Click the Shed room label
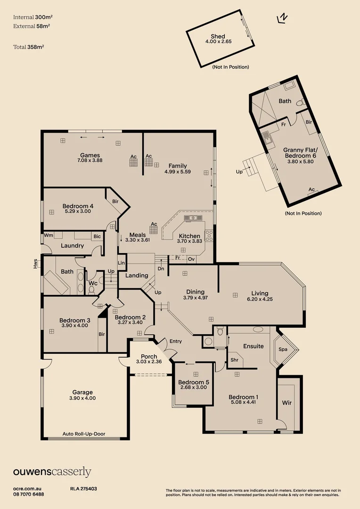(218, 36)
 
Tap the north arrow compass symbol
(283, 18)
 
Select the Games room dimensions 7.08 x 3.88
(90, 160)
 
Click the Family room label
(178, 166)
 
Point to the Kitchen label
(189, 236)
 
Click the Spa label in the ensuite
(283, 350)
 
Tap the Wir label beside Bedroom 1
(287, 403)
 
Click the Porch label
(149, 356)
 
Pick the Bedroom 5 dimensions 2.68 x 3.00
(193, 387)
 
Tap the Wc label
(93, 283)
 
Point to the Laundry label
(73, 246)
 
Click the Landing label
(137, 275)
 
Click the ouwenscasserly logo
(52, 472)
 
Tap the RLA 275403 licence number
(83, 489)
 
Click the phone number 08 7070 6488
(29, 494)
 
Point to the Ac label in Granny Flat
(311, 189)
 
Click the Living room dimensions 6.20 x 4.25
(260, 299)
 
